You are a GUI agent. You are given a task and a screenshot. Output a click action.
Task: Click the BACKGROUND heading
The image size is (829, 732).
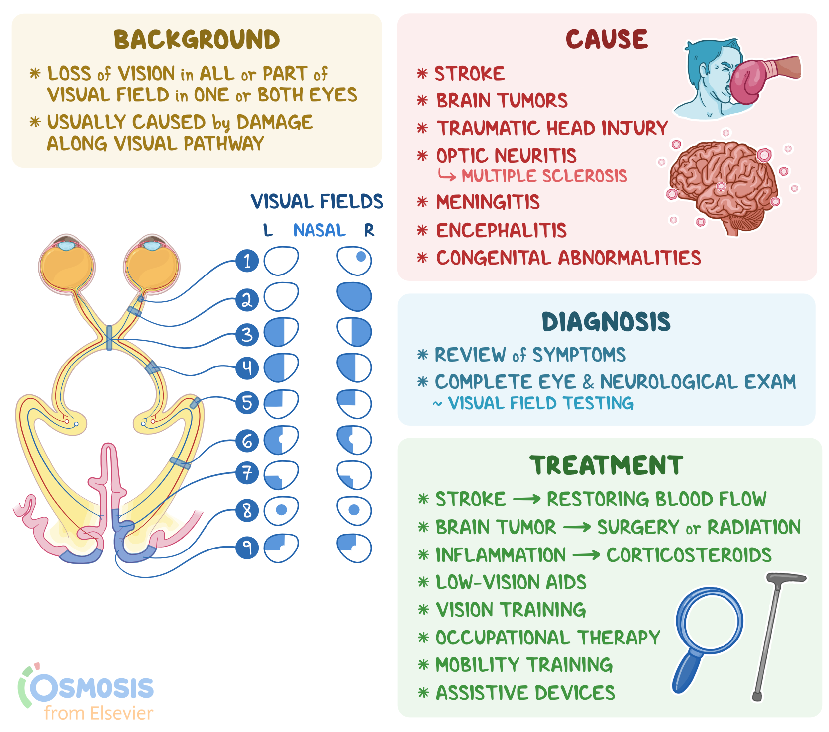pyautogui.click(x=197, y=40)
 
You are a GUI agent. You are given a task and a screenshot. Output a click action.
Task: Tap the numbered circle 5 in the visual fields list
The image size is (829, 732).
pyautogui.click(x=247, y=403)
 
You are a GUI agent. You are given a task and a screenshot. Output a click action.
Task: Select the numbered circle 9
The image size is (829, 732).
pyautogui.click(x=247, y=548)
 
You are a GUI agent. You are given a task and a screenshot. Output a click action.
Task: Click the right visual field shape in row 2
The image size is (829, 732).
pyautogui.click(x=354, y=297)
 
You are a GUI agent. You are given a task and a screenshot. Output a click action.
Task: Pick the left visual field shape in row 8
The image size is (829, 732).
pyautogui.click(x=281, y=510)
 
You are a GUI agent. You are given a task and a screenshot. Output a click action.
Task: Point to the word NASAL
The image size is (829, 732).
pyautogui.click(x=319, y=230)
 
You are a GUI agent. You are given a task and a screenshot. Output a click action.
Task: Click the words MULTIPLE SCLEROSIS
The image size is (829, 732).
pyautogui.click(x=544, y=176)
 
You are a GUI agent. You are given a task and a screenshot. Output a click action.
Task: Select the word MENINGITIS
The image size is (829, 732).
pyautogui.click(x=488, y=202)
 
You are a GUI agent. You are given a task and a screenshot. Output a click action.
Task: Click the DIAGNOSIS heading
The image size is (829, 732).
pyautogui.click(x=606, y=322)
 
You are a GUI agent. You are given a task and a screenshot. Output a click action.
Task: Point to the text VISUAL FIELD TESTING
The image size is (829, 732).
pyautogui.click(x=540, y=403)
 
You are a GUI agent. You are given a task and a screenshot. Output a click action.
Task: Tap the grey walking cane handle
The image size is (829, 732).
pyautogui.click(x=786, y=578)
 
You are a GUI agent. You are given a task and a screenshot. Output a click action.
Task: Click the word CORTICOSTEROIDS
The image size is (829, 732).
pyautogui.click(x=689, y=555)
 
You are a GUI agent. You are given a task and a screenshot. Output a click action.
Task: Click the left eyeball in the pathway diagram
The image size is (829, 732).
pyautogui.click(x=67, y=266)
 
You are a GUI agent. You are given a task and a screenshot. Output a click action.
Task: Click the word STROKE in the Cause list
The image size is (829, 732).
pyautogui.click(x=469, y=74)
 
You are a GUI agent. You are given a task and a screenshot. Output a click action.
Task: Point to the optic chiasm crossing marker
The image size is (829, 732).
pyautogui.click(x=109, y=338)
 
